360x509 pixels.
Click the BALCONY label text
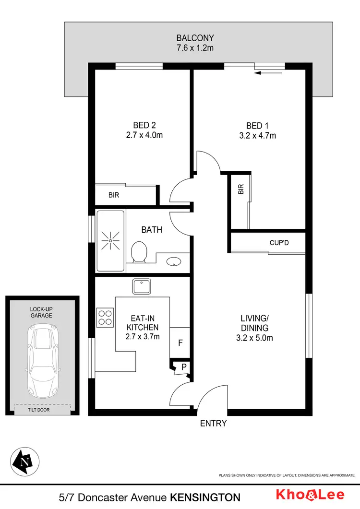tap(195, 38)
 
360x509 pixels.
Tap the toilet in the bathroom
tap(139, 252)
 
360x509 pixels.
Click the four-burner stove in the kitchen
tap(105, 318)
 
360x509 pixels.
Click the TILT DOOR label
tap(42, 410)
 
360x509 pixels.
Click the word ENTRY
tap(213, 423)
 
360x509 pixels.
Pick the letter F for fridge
tap(180, 343)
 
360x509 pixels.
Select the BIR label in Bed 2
tap(114, 196)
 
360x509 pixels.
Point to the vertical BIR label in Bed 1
tap(240, 190)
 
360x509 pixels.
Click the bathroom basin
tap(173, 261)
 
